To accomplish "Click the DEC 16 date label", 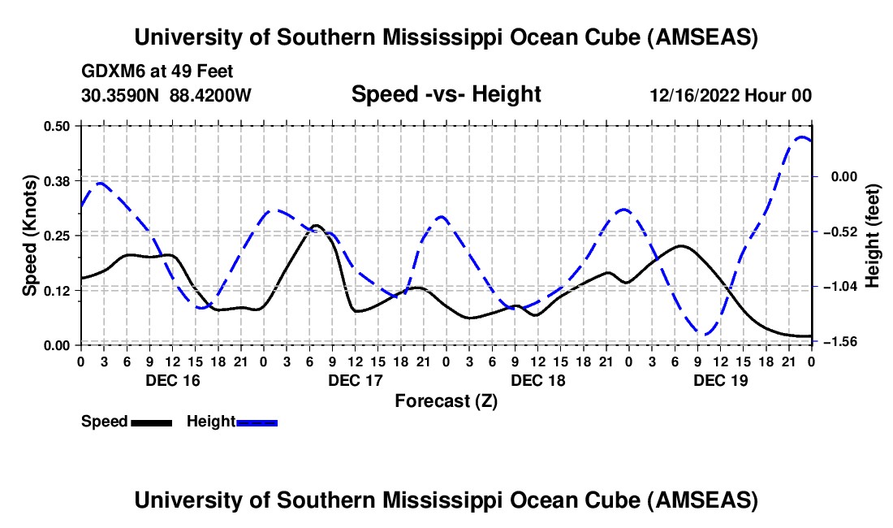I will tap(172, 379).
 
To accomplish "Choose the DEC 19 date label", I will tap(720, 379).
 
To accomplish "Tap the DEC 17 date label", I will tap(356, 379).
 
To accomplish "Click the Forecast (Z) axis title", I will tap(446, 400).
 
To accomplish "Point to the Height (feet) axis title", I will tap(873, 235).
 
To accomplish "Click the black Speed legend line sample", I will tap(150, 422).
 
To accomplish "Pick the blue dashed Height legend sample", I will tap(257, 422).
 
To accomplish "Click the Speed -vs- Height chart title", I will tap(446, 95).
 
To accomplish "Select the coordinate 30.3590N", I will tap(120, 95).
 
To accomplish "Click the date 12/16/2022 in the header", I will tap(694, 95).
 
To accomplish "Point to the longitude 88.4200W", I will tap(210, 95).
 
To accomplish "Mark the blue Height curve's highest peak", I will tap(802, 137).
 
